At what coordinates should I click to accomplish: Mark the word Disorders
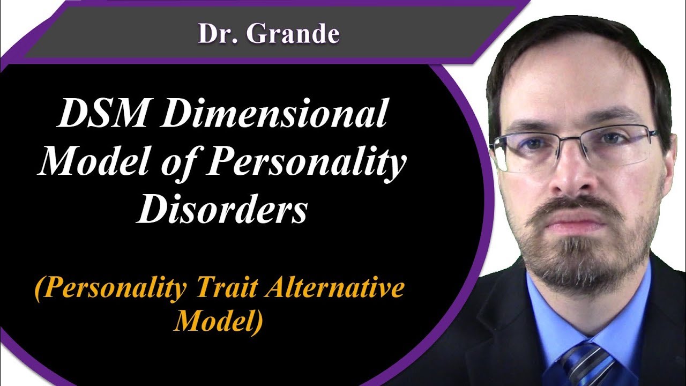[x=222, y=210]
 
